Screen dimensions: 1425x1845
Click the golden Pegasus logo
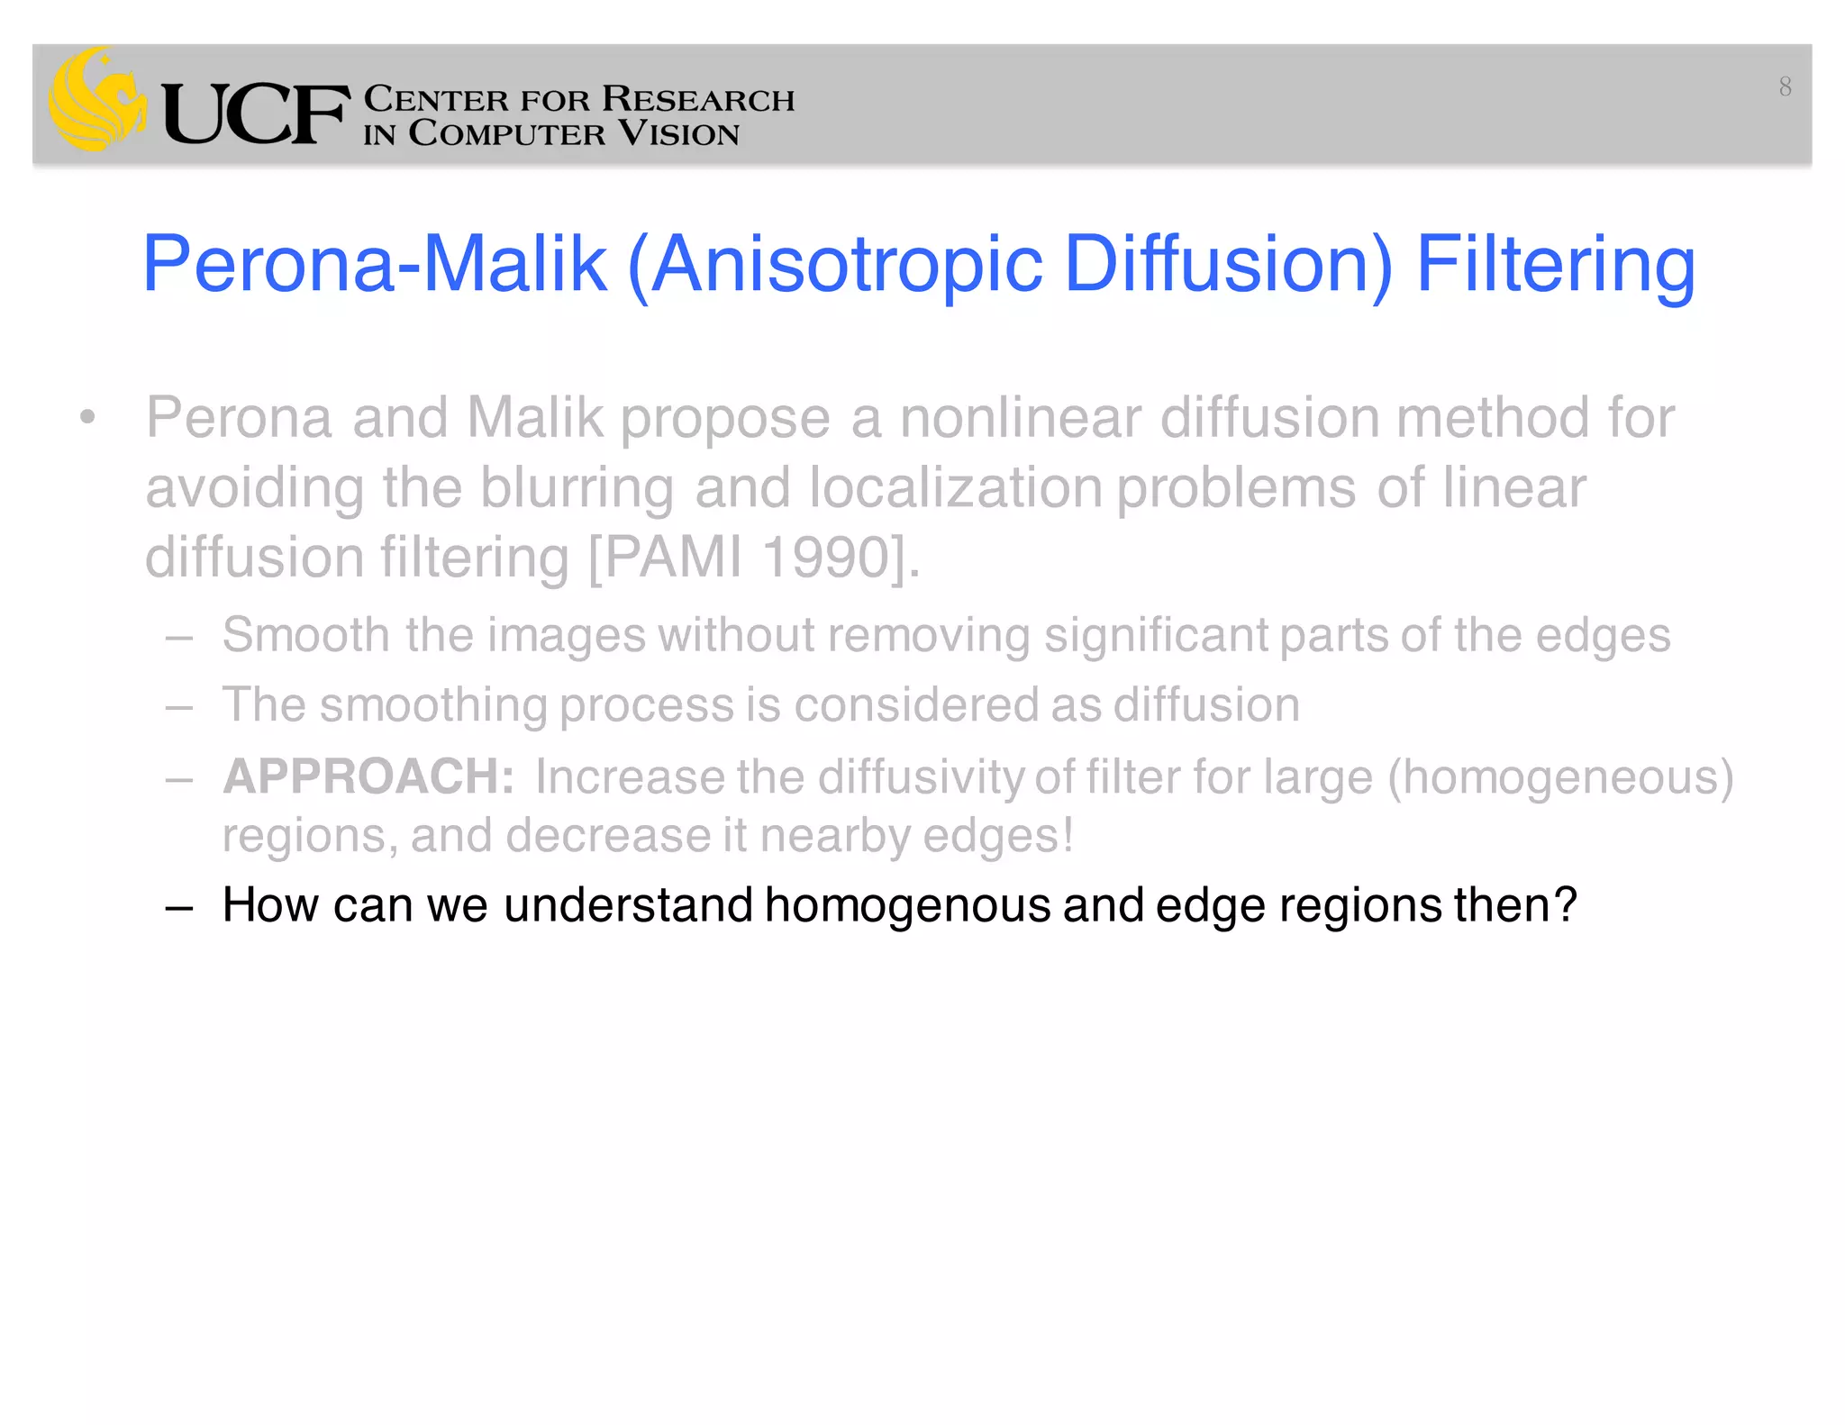(97, 99)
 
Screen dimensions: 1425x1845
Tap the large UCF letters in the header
(255, 114)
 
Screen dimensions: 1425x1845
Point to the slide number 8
(1785, 86)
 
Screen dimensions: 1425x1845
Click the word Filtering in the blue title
(1556, 265)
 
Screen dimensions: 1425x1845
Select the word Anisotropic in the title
(848, 265)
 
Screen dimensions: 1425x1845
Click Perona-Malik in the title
(375, 265)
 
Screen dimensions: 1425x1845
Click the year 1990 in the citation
(826, 558)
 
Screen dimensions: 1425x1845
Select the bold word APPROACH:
(368, 776)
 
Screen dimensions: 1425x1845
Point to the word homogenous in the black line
(907, 905)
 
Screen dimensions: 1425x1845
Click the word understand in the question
(628, 905)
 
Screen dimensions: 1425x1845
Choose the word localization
(956, 488)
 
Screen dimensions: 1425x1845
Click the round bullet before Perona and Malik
(86, 418)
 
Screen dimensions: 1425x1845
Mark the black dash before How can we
(179, 907)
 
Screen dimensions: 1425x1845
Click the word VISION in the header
(679, 133)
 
